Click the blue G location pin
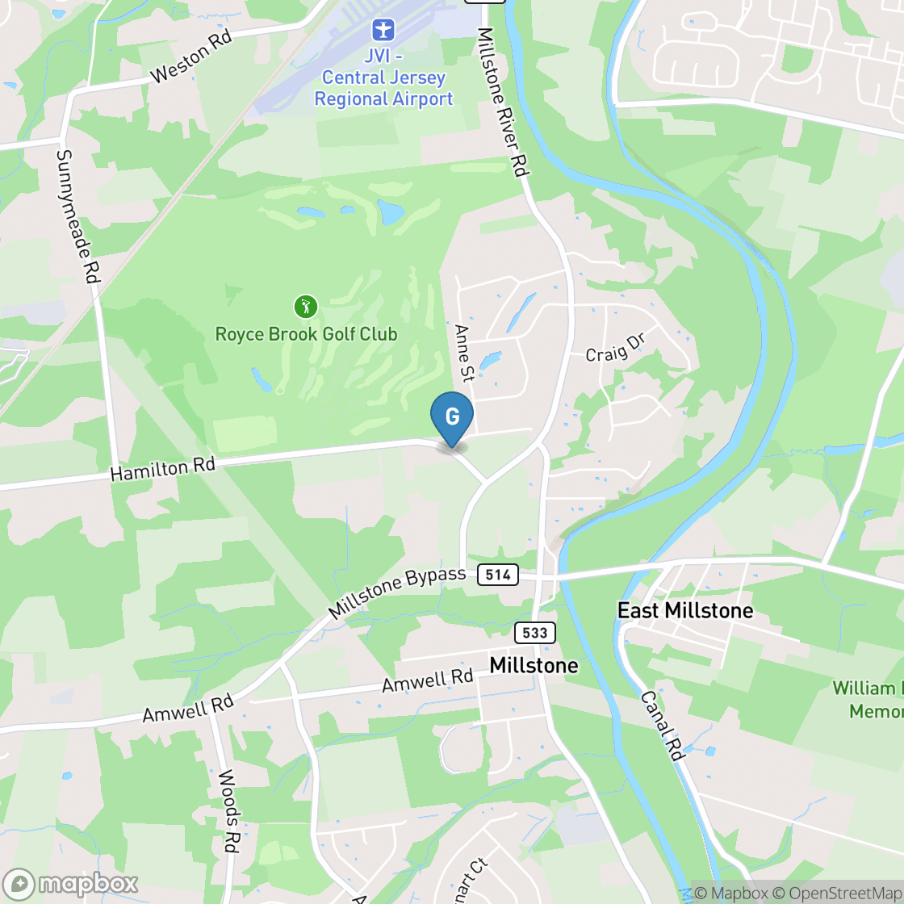(x=452, y=416)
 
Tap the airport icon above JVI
(x=383, y=31)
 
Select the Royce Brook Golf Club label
(x=306, y=334)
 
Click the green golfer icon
(x=305, y=307)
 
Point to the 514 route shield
(x=497, y=575)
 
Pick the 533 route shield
(x=534, y=633)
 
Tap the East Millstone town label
(x=685, y=610)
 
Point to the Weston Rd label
(x=191, y=56)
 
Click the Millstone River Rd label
(x=502, y=103)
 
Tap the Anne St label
(x=464, y=353)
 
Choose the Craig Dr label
(x=616, y=349)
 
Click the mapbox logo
(x=71, y=884)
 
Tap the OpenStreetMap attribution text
(x=837, y=893)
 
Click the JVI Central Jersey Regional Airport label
(x=383, y=78)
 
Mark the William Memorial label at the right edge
(x=868, y=700)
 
